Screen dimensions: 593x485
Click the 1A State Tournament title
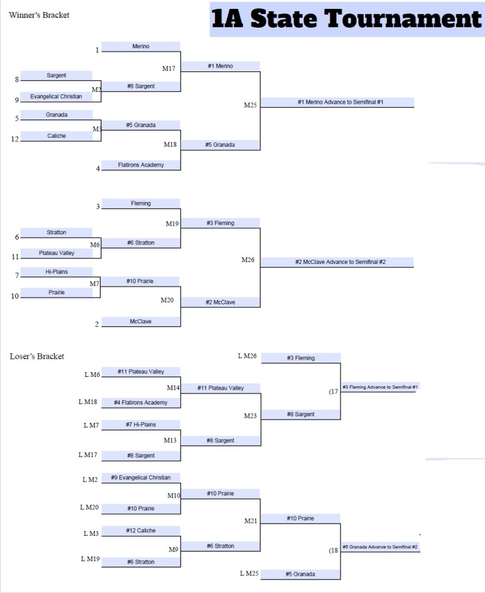click(x=347, y=19)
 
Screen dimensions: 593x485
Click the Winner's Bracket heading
click(x=39, y=15)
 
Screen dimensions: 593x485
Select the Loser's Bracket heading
click(x=37, y=356)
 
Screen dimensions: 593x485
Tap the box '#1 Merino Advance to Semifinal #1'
click(x=337, y=102)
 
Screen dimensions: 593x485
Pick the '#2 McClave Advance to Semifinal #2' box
click(x=337, y=262)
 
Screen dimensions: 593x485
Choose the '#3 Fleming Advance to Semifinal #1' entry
click(x=380, y=387)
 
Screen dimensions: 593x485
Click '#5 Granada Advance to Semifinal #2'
click(x=380, y=547)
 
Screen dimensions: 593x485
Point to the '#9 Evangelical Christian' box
click(x=141, y=478)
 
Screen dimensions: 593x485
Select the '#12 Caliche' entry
click(x=141, y=531)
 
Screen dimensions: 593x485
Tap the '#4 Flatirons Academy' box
click(x=141, y=403)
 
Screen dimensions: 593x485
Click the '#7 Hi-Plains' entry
click(x=141, y=425)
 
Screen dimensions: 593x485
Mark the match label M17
click(x=169, y=69)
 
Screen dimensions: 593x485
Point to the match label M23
click(x=251, y=416)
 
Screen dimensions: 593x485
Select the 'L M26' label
click(x=247, y=356)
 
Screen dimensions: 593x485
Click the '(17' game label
click(x=333, y=392)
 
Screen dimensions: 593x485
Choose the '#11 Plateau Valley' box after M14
click(x=220, y=388)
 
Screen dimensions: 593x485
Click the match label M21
click(x=251, y=521)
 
